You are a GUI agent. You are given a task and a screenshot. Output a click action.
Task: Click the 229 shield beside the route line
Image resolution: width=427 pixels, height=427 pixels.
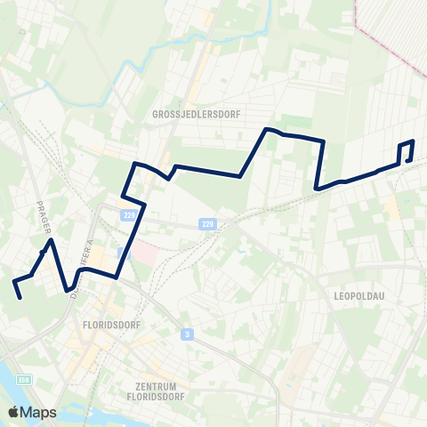tap(129, 215)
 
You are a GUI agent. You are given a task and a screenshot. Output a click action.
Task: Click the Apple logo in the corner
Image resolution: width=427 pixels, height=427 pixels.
tap(13, 412)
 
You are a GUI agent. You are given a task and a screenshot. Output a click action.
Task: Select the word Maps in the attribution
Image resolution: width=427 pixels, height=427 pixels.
tap(38, 412)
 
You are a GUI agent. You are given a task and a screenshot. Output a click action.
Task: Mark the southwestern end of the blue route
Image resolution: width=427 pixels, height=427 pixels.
tap(20, 298)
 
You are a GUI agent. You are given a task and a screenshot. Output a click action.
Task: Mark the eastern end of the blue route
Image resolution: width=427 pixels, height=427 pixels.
tap(408, 160)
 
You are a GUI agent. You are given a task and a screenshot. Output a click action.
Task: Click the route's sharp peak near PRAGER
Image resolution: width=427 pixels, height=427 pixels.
tap(52, 240)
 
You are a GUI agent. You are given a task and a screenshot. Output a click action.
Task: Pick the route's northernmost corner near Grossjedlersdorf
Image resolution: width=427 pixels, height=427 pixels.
tap(266, 131)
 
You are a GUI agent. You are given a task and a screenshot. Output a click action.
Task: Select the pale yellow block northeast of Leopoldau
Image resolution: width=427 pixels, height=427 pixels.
tap(391, 208)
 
